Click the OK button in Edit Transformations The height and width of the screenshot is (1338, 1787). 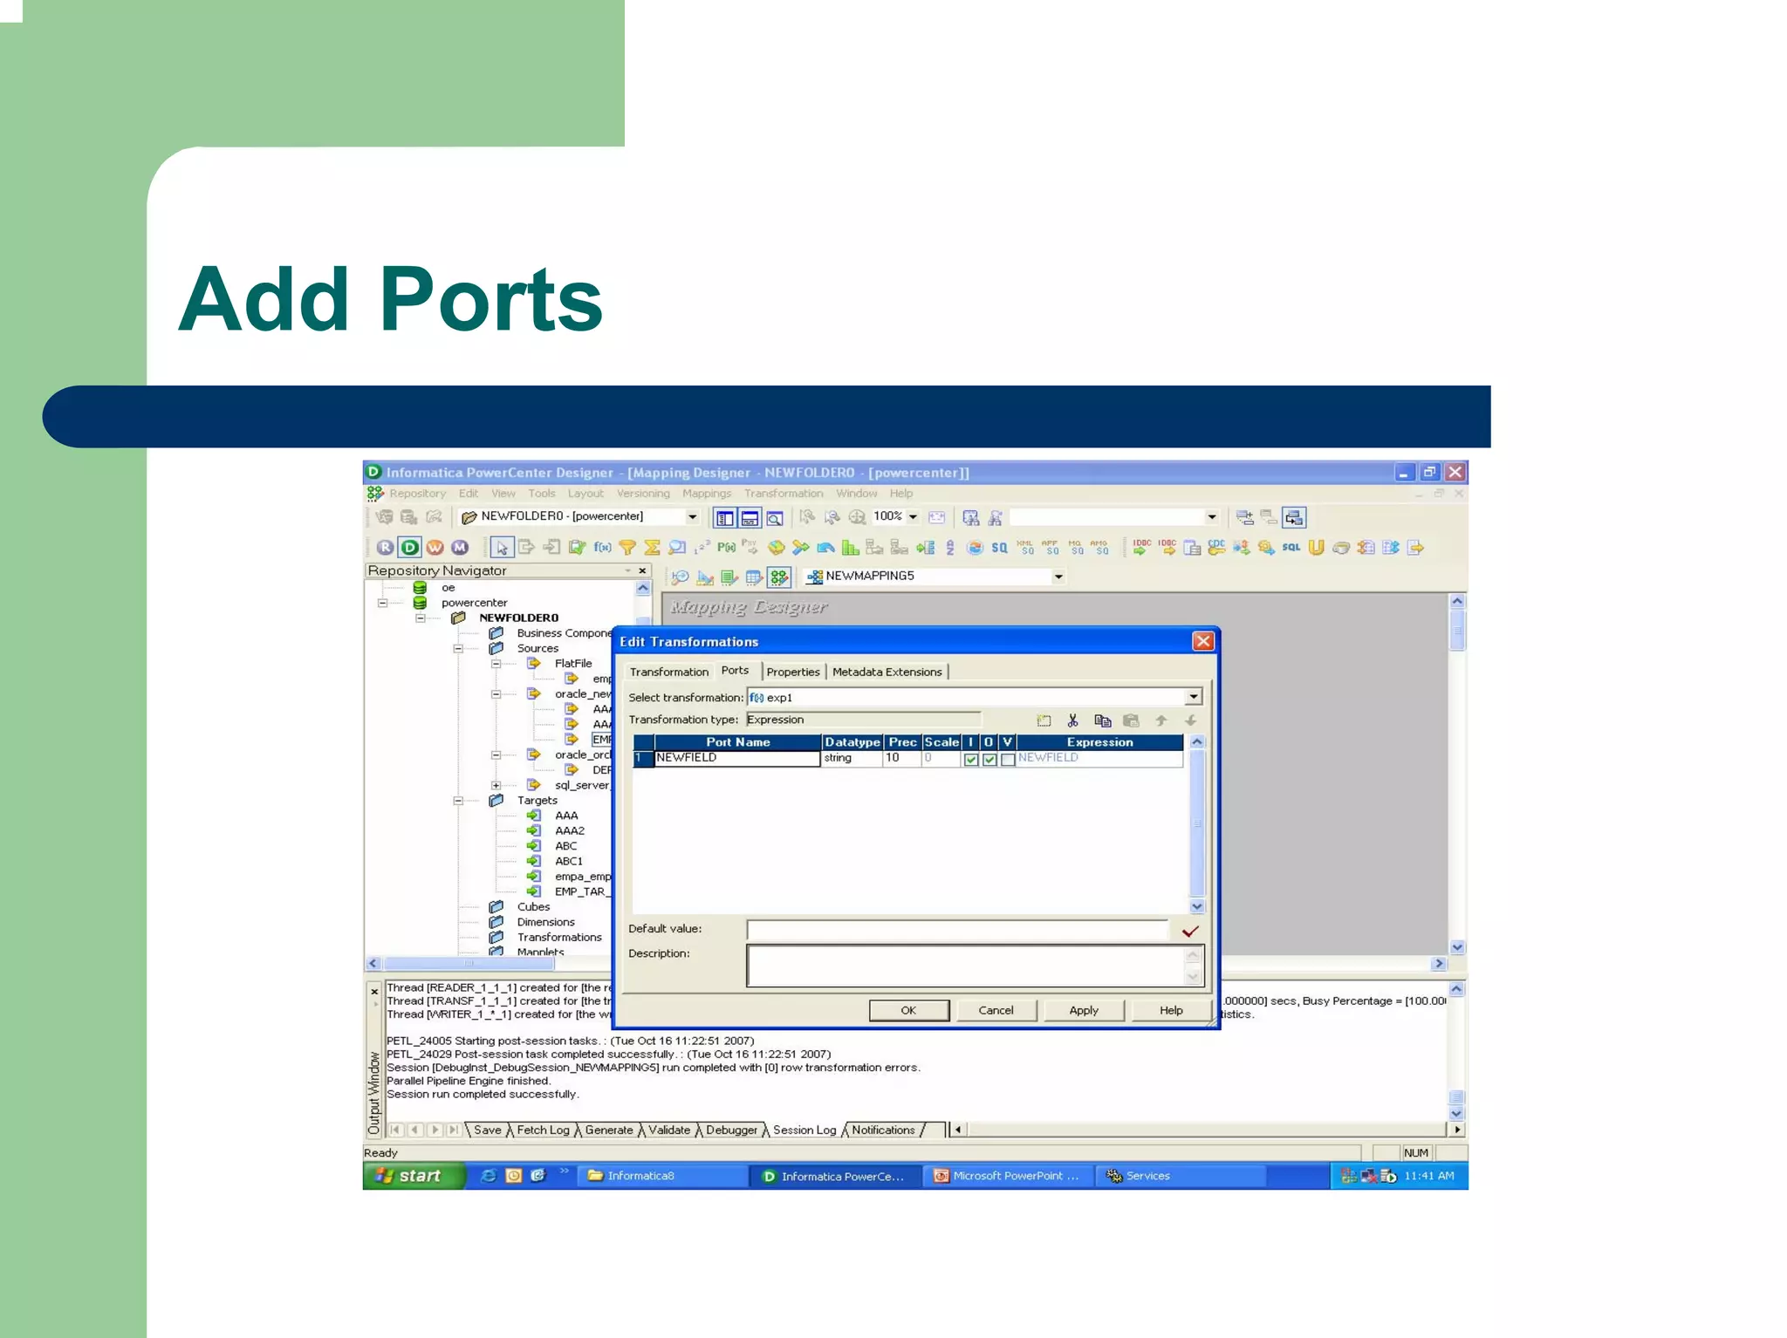click(908, 1010)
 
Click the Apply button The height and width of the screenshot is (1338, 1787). click(1083, 1010)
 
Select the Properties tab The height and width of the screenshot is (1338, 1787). click(792, 672)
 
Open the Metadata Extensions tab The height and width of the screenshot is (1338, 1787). click(887, 672)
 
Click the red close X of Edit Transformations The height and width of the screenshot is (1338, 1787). click(1202, 641)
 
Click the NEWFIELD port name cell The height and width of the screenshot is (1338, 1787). click(736, 758)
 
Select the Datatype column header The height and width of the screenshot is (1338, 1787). click(852, 742)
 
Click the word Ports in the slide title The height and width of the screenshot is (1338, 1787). click(490, 299)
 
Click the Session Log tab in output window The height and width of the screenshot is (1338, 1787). click(804, 1130)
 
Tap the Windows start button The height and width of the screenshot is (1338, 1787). click(412, 1176)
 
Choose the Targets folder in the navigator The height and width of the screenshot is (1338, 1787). click(537, 800)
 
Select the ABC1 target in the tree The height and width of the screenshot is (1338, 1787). click(568, 861)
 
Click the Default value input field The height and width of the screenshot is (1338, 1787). click(956, 930)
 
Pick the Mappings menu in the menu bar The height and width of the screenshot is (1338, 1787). click(706, 493)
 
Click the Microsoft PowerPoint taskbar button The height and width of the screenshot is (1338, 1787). click(1007, 1176)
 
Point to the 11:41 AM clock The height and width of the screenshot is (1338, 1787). click(1428, 1176)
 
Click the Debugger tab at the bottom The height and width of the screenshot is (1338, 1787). click(731, 1130)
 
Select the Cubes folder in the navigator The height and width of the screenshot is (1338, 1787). click(533, 906)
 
